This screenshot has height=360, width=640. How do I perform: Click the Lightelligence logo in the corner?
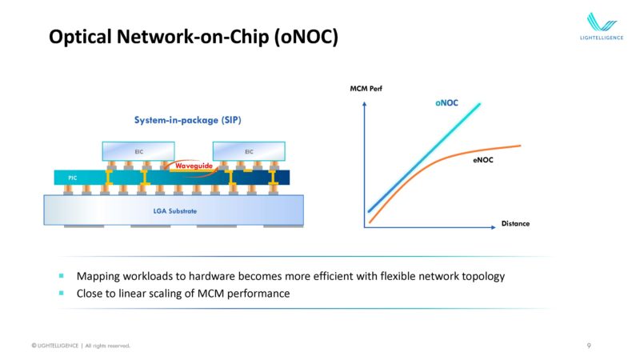pos(602,26)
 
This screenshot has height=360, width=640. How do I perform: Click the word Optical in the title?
pos(81,37)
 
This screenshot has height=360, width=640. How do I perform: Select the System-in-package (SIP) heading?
pos(188,120)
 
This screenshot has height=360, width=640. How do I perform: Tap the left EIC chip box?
pos(138,151)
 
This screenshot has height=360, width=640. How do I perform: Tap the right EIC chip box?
pos(249,151)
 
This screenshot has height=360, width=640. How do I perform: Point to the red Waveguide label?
pos(194,166)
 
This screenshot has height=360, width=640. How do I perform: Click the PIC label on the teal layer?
pos(72,178)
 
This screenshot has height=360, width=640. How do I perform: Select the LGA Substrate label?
pos(174,211)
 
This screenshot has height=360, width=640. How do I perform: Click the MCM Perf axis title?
pos(366,89)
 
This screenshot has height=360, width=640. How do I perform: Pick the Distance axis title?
pos(515,223)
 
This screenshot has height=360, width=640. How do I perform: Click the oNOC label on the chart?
pos(446,103)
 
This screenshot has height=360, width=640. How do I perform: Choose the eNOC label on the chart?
pos(483,160)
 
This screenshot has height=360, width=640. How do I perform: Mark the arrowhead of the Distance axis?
pos(494,227)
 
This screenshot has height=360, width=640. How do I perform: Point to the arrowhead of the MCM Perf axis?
pos(365,104)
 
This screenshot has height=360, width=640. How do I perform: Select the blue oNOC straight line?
pos(424,158)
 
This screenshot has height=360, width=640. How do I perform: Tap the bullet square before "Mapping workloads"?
pos(62,276)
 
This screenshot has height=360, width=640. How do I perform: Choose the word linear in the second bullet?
pos(131,294)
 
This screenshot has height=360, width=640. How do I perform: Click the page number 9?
pos(589,346)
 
